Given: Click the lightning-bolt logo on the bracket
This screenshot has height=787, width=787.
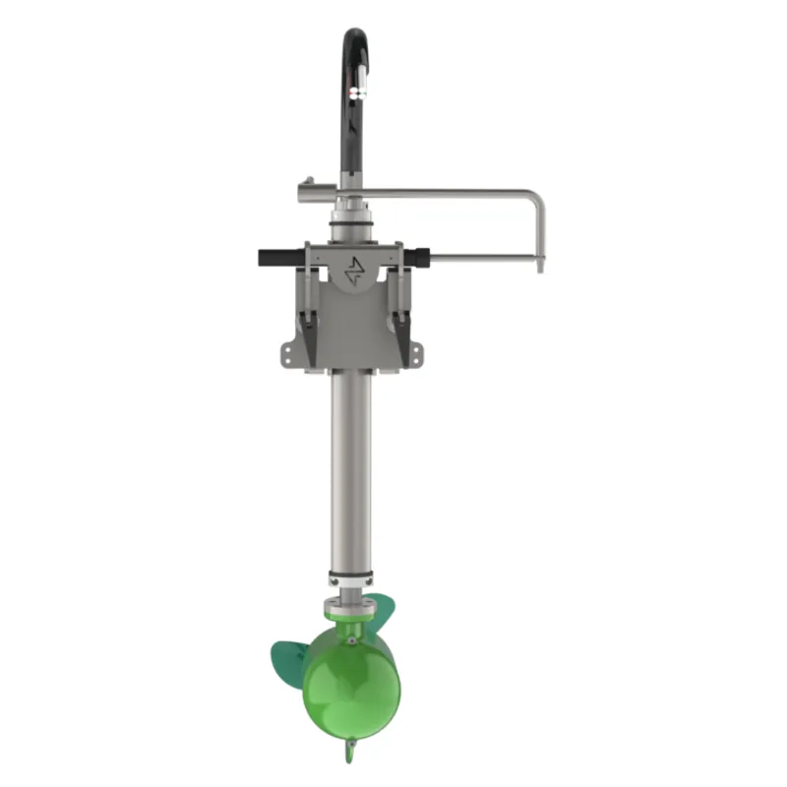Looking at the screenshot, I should tap(354, 270).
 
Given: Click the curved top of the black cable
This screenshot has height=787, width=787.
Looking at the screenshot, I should tap(355, 37).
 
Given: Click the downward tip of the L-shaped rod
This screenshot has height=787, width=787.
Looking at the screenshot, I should tap(538, 264).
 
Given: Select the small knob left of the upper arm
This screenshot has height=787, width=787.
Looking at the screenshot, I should tap(308, 182).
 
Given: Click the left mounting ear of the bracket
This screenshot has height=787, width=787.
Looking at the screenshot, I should tap(286, 351).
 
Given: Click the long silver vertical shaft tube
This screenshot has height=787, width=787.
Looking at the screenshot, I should tap(351, 472).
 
